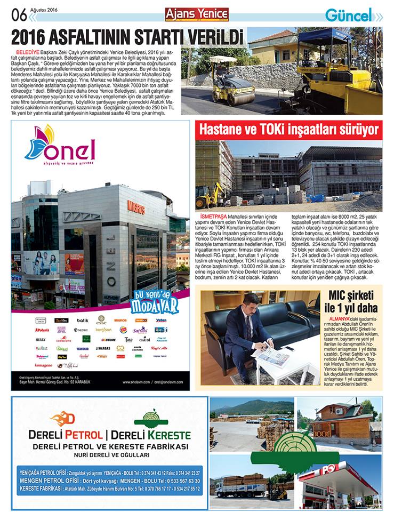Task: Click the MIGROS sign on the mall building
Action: coord(136,207)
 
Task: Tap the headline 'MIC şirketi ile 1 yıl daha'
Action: coord(352,302)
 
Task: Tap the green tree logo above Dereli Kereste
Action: coord(151,419)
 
